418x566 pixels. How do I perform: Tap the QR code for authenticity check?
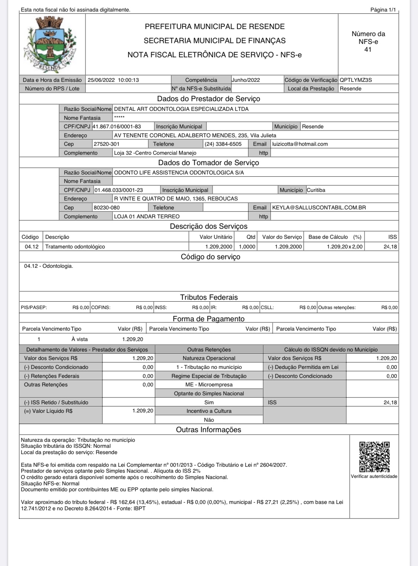374,457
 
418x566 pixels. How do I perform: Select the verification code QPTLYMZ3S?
356,80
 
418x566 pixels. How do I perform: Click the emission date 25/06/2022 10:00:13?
113,80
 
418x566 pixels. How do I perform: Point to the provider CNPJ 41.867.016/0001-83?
117,126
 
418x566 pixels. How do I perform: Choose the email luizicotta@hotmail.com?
300,144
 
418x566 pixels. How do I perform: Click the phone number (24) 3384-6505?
223,144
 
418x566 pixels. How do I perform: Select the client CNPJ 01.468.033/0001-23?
118,190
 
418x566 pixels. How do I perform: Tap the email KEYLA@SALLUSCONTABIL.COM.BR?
319,208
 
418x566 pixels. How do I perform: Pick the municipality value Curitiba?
316,190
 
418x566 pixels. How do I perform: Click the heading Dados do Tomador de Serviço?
208,163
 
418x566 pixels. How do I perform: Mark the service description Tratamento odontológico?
75,247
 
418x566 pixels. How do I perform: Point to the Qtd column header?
251,237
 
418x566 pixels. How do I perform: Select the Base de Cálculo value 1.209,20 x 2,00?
344,247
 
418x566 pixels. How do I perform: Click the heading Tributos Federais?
208,297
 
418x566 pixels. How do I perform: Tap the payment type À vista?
80,339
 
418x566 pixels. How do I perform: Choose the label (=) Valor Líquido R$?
48,411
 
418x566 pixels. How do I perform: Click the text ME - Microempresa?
209,385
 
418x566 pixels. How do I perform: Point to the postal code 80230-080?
107,208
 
